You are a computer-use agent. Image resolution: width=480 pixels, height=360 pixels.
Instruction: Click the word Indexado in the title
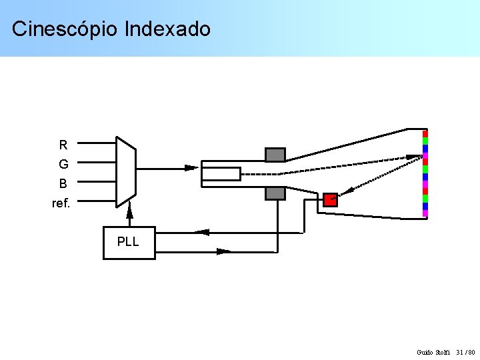tap(167, 29)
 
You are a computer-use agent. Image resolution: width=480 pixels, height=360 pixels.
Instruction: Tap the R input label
tap(63, 145)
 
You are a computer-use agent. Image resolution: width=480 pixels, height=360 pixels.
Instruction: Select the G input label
tap(63, 164)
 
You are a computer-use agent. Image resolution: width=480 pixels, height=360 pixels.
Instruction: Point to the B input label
tap(63, 183)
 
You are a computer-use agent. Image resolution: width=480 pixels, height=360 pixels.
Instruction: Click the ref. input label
tap(61, 203)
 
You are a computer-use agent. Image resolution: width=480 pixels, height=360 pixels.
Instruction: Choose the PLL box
tap(129, 243)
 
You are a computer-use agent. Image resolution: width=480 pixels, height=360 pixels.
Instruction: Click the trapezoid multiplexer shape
tap(125, 172)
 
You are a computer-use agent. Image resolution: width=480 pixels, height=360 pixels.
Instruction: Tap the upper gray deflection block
tap(275, 155)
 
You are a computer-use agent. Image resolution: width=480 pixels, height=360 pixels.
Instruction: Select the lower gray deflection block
tap(275, 193)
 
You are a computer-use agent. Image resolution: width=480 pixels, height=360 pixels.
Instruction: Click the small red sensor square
tap(331, 199)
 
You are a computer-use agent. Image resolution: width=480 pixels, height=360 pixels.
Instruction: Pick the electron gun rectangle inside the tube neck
tap(221, 174)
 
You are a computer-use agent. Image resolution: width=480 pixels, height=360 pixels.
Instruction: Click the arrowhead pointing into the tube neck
tap(191, 168)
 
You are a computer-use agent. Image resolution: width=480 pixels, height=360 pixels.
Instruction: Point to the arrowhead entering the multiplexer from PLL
tap(130, 211)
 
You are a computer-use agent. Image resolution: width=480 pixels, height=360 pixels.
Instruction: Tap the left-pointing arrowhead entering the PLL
tap(202, 232)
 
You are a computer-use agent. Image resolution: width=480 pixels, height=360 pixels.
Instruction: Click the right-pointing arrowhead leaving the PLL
tap(224, 251)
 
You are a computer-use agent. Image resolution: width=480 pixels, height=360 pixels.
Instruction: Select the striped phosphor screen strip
tap(425, 173)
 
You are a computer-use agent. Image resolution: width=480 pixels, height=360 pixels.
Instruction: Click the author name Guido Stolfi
tap(433, 352)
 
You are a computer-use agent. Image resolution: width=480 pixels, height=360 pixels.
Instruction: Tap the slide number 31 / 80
tap(465, 352)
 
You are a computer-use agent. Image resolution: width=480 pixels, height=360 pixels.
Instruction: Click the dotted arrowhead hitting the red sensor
tap(335, 197)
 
